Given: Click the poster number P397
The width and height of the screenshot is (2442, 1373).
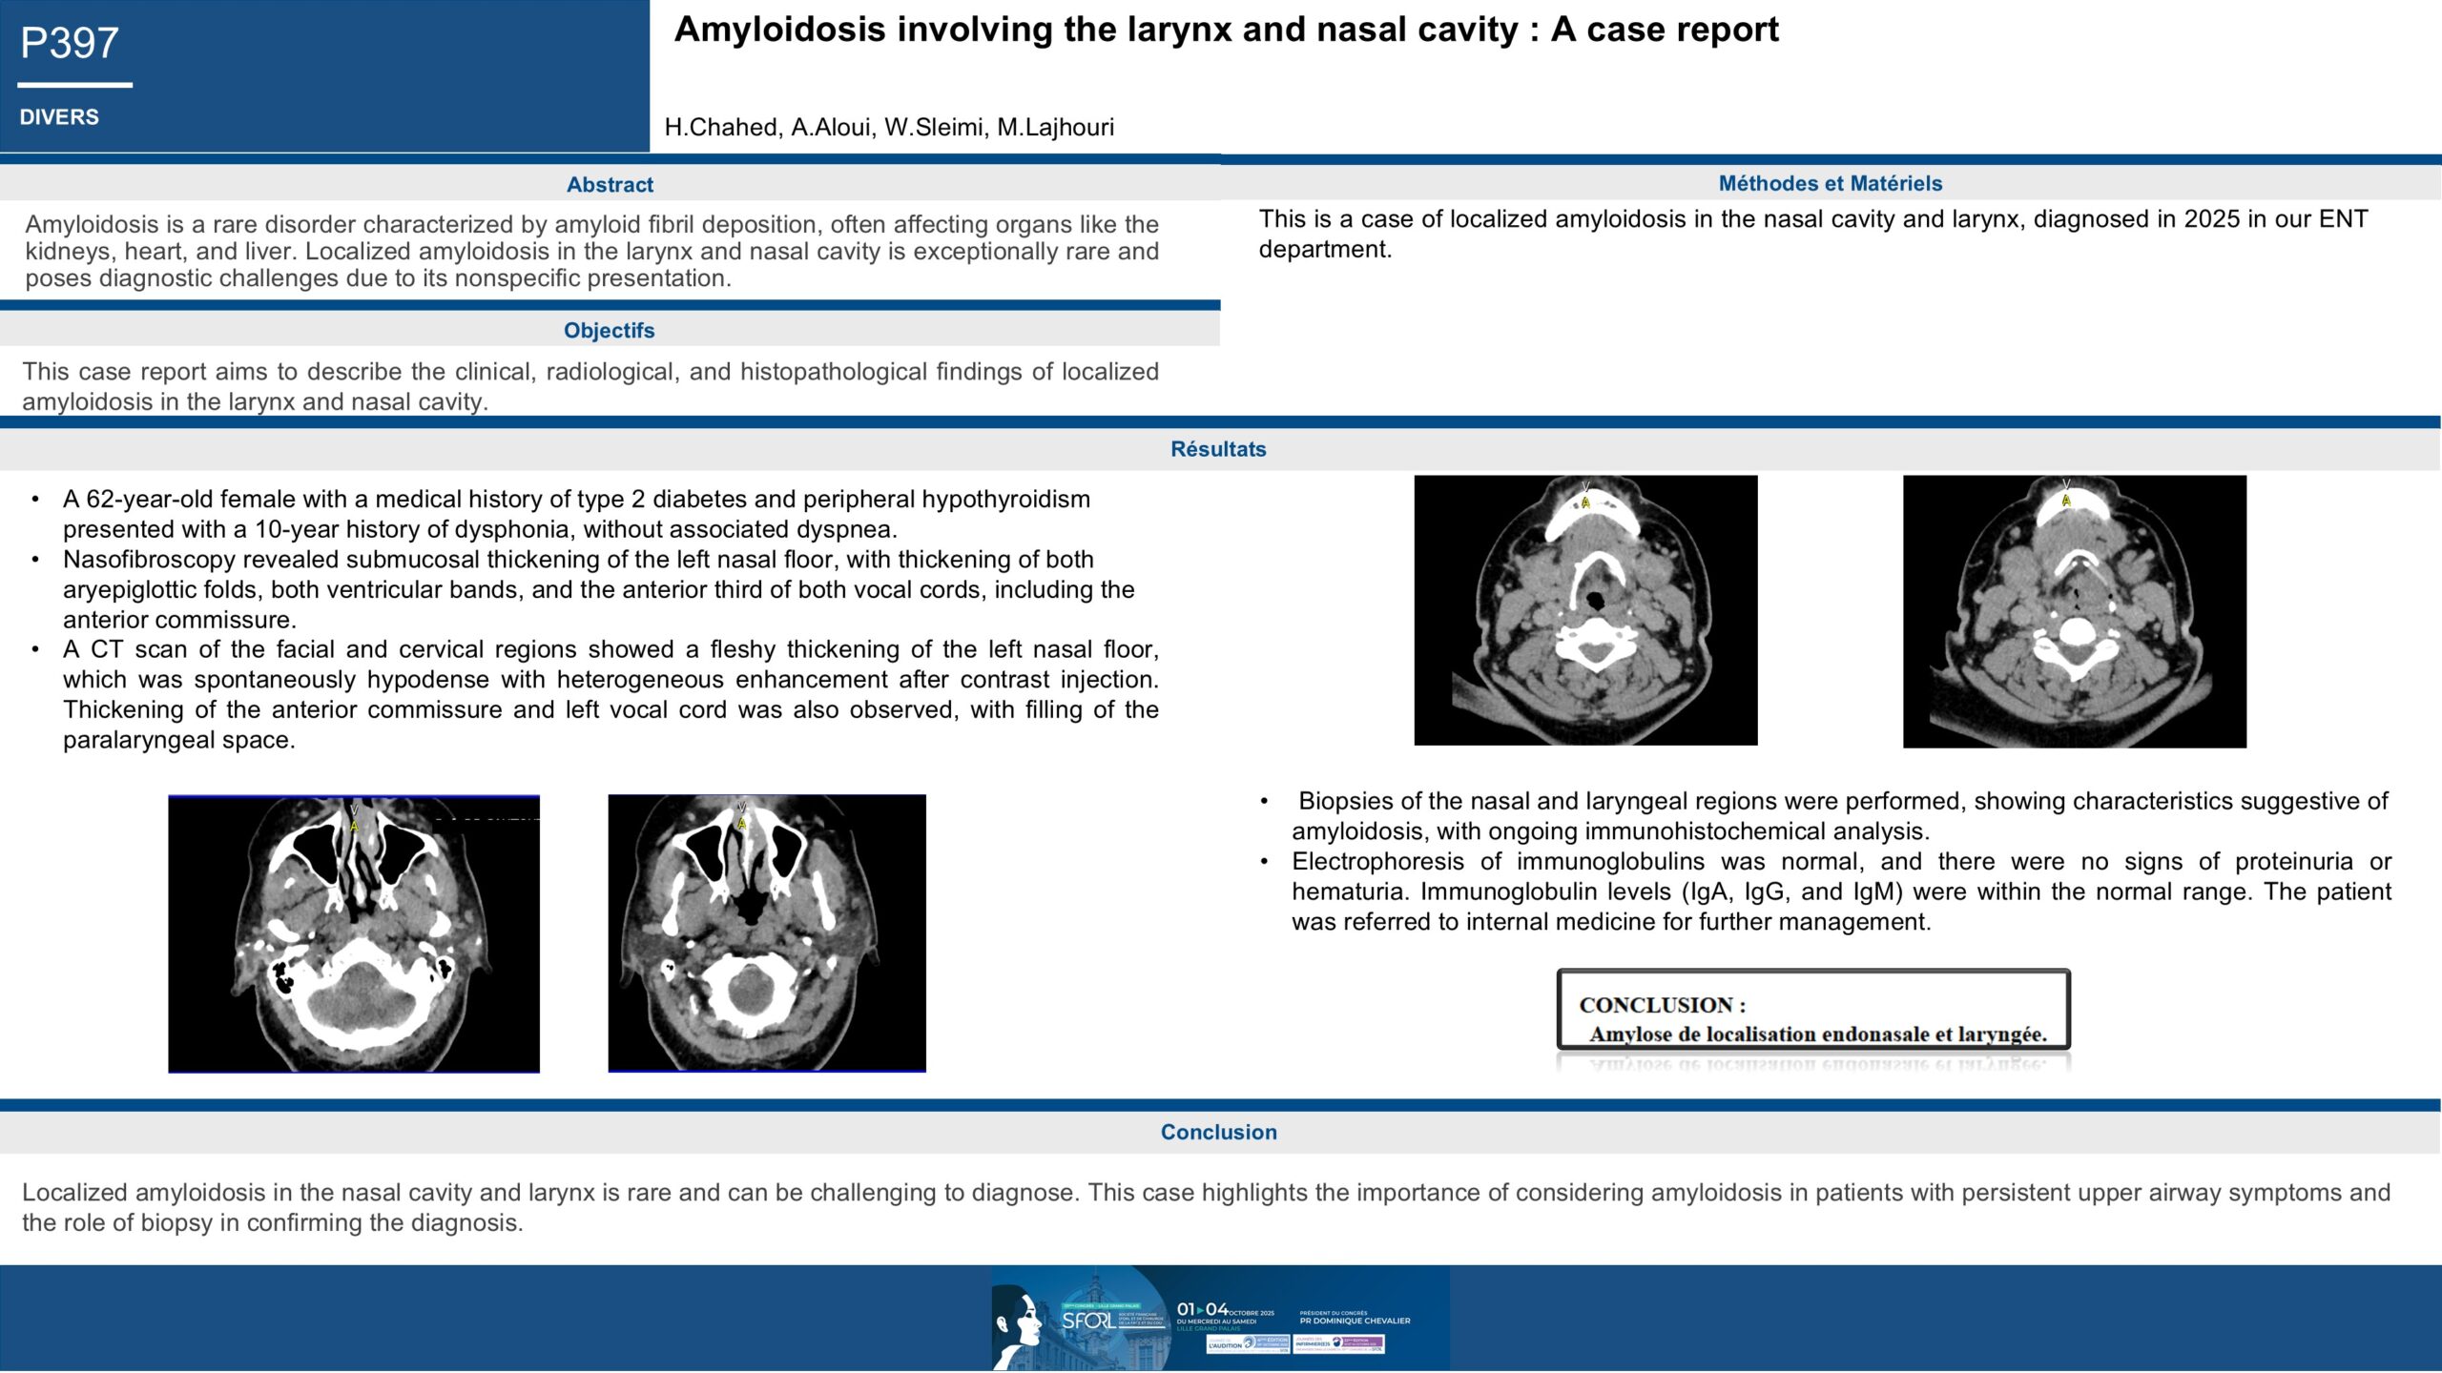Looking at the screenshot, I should tap(70, 44).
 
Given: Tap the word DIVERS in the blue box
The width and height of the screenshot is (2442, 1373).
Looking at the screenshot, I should tap(59, 117).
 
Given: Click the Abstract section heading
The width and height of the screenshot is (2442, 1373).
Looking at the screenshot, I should tap(610, 185).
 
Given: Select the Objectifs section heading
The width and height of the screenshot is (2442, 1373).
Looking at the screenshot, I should tap(609, 331).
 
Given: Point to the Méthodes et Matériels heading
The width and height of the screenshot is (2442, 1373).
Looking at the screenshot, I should tap(1830, 183).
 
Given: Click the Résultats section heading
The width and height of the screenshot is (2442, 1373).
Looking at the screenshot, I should tap(1218, 449).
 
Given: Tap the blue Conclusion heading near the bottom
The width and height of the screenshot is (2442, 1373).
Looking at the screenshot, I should tap(1218, 1132).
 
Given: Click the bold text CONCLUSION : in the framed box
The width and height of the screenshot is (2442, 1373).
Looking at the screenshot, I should tap(1662, 1005).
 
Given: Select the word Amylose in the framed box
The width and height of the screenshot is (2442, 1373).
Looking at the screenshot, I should tap(1632, 1035).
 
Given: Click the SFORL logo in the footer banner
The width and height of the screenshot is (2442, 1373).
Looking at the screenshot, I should tap(1087, 1321).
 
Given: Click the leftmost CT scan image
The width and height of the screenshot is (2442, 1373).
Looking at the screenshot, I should tap(354, 933).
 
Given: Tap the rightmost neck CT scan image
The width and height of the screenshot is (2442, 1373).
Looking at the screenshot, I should tap(2074, 611).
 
